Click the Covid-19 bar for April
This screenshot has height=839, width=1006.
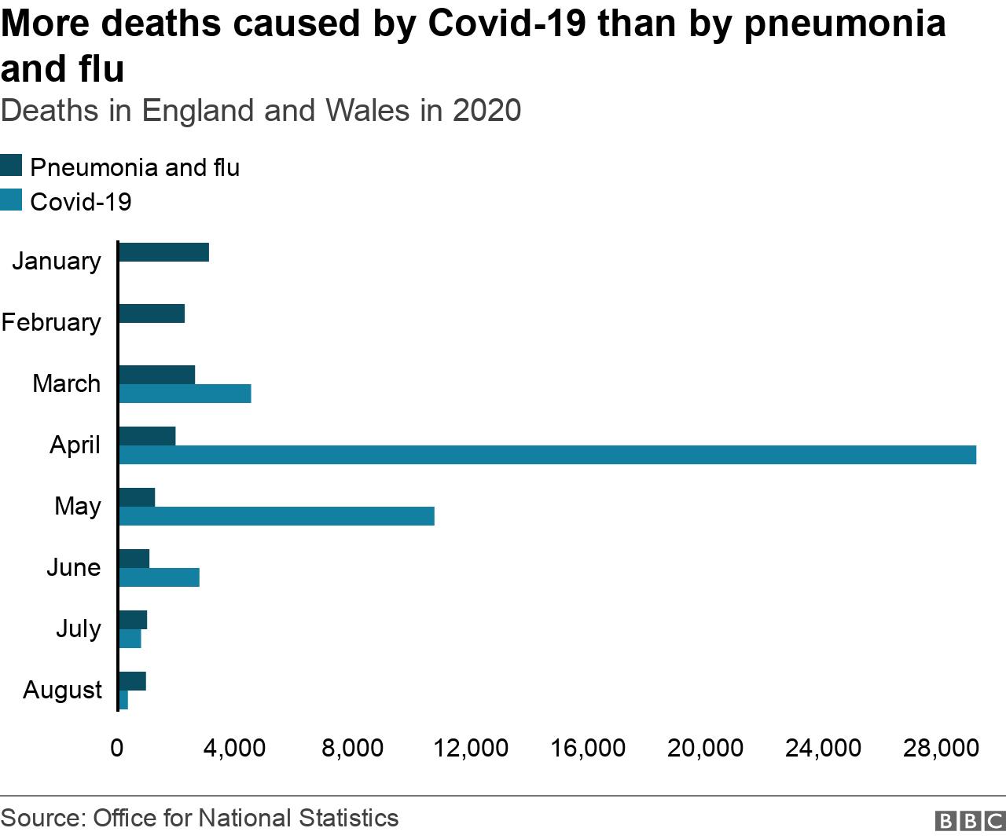point(547,455)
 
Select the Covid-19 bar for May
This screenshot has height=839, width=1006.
point(277,516)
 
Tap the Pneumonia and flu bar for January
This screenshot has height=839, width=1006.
point(163,252)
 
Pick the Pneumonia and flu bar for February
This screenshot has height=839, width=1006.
point(152,313)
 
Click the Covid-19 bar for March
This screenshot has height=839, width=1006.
point(185,394)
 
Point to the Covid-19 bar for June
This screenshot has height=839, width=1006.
point(159,577)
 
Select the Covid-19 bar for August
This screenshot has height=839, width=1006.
point(123,700)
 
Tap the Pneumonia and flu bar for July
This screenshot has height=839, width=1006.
point(133,620)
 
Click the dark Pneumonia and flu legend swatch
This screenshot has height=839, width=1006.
point(12,166)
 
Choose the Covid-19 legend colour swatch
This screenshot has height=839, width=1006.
point(12,200)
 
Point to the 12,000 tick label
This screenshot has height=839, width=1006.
point(471,748)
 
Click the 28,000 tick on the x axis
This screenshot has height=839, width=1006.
point(941,748)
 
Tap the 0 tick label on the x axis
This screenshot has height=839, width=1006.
point(117,748)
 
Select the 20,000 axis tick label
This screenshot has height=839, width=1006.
point(705,748)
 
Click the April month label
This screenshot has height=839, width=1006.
point(75,445)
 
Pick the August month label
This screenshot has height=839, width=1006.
point(62,690)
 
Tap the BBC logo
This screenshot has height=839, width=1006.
point(970,820)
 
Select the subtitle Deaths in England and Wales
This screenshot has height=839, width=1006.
point(260,111)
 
